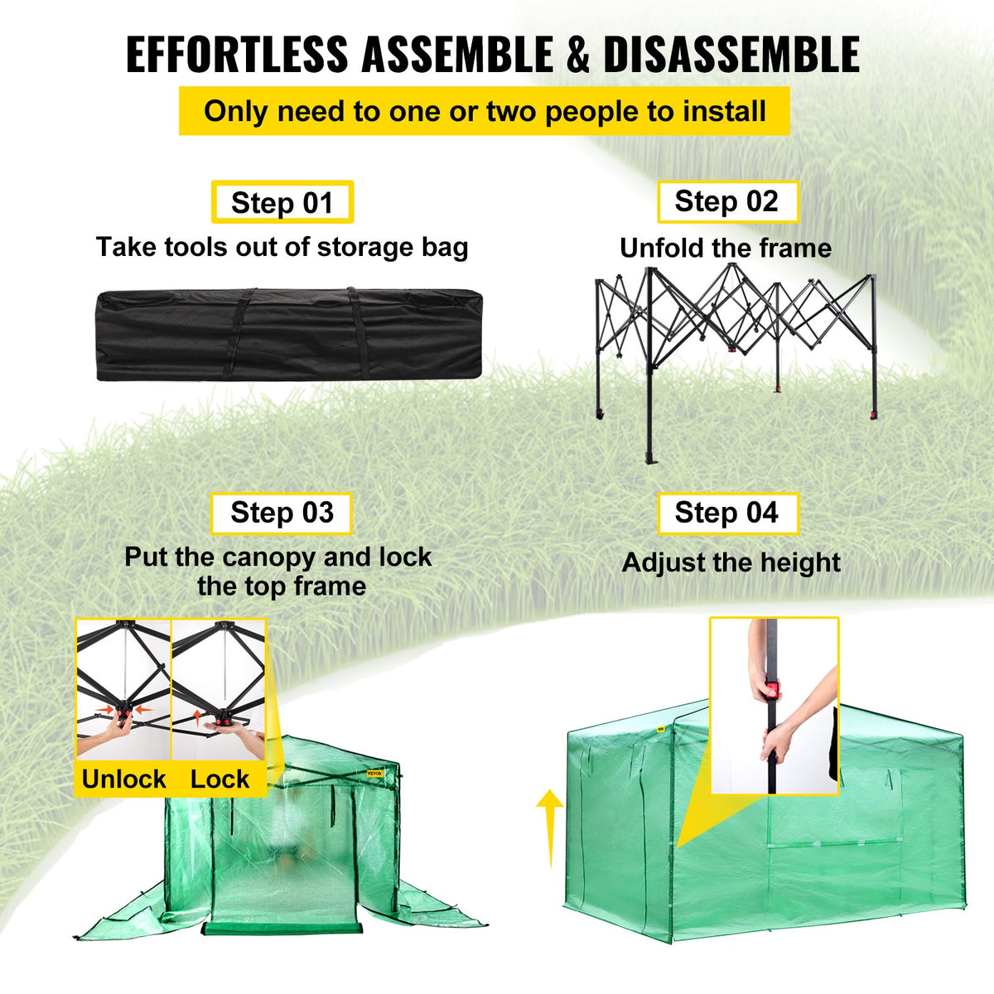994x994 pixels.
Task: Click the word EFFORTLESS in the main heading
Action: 237,55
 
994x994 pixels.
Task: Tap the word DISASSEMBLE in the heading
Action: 731,55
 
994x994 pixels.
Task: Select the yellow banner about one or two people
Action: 485,111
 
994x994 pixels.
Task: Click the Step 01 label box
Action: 282,202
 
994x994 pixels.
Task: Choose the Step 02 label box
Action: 727,201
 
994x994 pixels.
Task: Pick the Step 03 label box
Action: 282,513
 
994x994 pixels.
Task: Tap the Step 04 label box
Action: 727,513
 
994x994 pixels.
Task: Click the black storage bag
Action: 289,334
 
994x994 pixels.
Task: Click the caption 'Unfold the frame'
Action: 726,248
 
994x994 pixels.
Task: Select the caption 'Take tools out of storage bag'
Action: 282,247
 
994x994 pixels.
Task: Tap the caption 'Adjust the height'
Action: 731,562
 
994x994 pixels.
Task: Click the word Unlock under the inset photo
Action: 123,779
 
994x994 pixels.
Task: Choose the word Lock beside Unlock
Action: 220,779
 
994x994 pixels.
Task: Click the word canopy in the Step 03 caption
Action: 270,557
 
